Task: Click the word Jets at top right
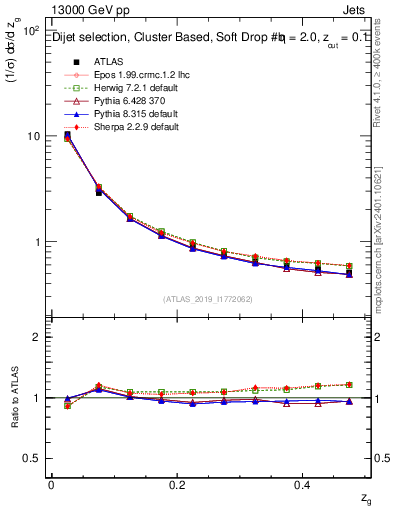[356, 12]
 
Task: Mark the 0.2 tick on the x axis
[178, 483]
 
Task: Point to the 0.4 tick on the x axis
[305, 483]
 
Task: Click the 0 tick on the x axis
[51, 483]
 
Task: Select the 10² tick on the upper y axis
[29, 32]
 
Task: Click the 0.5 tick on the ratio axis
[31, 458]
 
